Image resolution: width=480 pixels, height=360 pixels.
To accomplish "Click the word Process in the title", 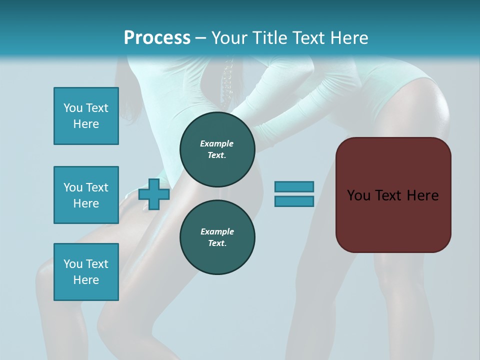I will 157,38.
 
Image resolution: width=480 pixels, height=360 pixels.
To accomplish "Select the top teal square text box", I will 86,116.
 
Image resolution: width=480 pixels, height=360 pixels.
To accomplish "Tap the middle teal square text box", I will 86,195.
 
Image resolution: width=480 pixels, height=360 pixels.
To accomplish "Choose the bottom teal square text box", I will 86,272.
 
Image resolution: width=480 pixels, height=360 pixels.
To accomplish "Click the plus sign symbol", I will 154,194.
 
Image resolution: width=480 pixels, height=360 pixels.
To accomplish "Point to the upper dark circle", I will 217,149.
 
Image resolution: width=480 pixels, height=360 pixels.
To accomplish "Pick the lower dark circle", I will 217,237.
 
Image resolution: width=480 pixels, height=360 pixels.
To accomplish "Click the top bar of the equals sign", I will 294,186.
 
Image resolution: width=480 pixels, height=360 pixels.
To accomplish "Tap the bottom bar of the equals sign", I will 294,201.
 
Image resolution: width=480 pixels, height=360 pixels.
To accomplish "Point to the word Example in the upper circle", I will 217,143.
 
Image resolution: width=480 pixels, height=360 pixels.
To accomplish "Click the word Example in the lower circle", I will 217,231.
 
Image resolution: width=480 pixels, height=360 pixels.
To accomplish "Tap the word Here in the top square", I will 86,124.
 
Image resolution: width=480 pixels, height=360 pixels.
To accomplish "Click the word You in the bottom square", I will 72,264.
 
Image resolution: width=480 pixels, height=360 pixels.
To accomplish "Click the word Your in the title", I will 229,38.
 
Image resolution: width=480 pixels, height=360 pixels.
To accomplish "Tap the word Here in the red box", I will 422,195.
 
